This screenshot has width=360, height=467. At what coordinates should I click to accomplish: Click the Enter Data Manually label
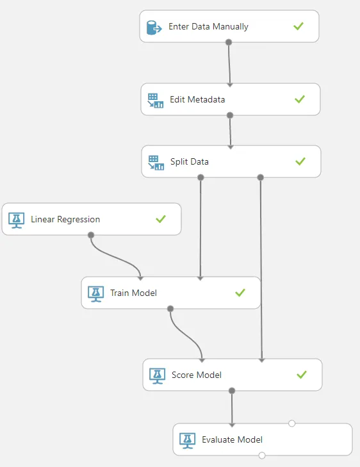tap(208, 26)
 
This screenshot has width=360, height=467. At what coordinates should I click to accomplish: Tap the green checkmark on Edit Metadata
tap(300, 99)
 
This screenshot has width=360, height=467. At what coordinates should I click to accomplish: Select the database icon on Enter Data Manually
tap(154, 28)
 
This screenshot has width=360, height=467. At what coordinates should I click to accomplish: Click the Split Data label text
tap(190, 161)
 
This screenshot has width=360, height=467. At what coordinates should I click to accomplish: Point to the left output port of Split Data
tap(200, 177)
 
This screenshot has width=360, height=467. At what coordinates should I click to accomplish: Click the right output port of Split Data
tap(261, 177)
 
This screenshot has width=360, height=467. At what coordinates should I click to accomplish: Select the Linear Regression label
tap(65, 220)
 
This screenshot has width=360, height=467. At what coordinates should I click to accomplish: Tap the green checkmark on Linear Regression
tap(161, 219)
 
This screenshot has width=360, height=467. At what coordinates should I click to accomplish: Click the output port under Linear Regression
tap(91, 235)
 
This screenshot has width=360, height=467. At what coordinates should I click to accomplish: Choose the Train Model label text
tap(133, 293)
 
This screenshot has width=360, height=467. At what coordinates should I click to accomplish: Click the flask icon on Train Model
tap(96, 294)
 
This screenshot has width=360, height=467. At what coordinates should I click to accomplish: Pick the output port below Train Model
tap(170, 309)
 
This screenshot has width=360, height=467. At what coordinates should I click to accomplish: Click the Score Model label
tap(197, 375)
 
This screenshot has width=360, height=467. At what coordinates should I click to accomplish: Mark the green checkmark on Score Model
tap(302, 375)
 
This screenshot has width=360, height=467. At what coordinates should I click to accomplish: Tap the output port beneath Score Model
tap(232, 391)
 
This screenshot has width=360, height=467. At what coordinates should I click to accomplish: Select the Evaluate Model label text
tap(233, 439)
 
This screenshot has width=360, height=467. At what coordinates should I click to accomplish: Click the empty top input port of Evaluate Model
tap(292, 423)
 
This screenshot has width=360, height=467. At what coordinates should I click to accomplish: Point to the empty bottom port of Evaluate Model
tap(262, 455)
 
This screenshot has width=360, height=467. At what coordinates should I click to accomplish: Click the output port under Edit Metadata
tap(230, 115)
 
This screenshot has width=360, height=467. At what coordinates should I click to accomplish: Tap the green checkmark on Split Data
tap(300, 161)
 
